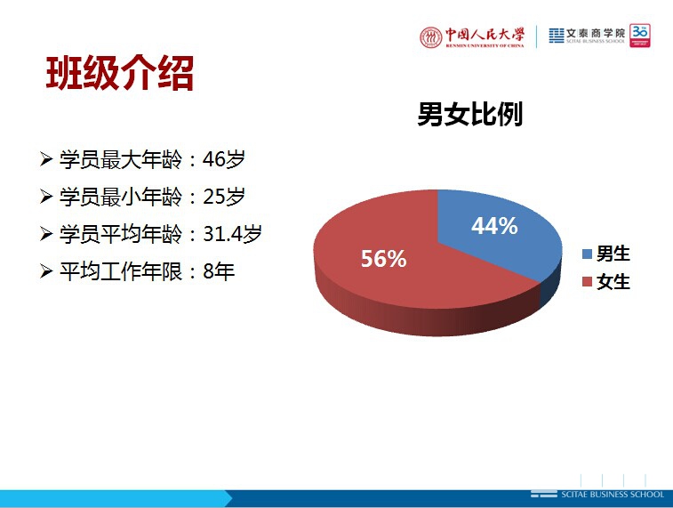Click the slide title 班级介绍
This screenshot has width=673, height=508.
pyautogui.click(x=120, y=73)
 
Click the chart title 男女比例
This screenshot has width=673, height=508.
pyautogui.click(x=470, y=114)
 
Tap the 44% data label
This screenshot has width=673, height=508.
pyautogui.click(x=494, y=225)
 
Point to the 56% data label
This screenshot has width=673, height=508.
pyautogui.click(x=384, y=259)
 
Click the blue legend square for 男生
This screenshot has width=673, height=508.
pyautogui.click(x=587, y=254)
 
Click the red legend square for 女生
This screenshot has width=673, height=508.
pyautogui.click(x=587, y=282)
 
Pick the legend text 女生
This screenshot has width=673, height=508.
pyautogui.click(x=613, y=282)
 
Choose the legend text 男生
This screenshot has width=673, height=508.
pyautogui.click(x=613, y=254)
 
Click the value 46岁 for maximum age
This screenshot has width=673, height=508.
pyautogui.click(x=224, y=159)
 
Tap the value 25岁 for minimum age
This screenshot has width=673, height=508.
pyautogui.click(x=224, y=197)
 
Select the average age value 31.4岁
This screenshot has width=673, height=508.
pyautogui.click(x=232, y=234)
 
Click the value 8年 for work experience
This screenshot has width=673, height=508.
pyautogui.click(x=219, y=271)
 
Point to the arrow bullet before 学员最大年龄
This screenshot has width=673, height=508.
pyautogui.click(x=46, y=159)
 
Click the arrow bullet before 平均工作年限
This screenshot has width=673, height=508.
pyautogui.click(x=46, y=271)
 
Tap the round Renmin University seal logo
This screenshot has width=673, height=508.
pyautogui.click(x=431, y=37)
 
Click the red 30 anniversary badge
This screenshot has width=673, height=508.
pyautogui.click(x=640, y=36)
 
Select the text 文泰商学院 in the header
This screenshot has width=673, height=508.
pyautogui.click(x=596, y=33)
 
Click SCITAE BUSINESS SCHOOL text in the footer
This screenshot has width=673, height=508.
pyautogui.click(x=613, y=495)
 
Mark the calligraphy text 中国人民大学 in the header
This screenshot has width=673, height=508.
pyautogui.click(x=485, y=35)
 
